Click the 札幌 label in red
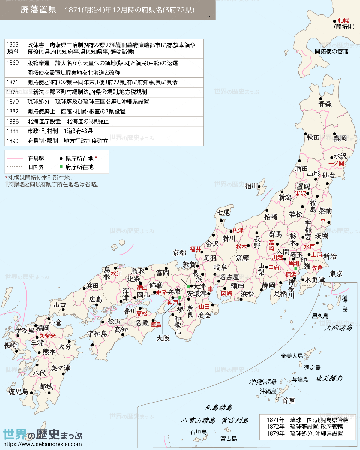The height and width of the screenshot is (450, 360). (343, 20)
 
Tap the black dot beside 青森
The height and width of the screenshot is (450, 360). (321, 99)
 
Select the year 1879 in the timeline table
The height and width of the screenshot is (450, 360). (13, 102)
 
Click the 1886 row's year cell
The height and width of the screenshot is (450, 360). (13, 121)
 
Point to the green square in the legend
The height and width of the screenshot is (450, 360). (61, 166)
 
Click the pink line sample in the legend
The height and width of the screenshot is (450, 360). (15, 159)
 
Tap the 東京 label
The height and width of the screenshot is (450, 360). (336, 274)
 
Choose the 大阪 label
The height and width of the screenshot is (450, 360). (163, 338)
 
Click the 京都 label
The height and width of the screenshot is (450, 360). (179, 253)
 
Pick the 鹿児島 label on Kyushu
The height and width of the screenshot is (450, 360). (18, 392)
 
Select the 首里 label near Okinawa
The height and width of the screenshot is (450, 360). (289, 401)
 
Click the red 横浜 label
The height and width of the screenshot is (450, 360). (291, 274)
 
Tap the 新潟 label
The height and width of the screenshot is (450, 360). (285, 197)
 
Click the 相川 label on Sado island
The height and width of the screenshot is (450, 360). (251, 186)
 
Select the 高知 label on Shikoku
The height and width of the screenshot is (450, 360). (121, 330)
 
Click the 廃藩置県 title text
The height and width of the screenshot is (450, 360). (38, 10)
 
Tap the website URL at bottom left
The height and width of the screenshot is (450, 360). (42, 444)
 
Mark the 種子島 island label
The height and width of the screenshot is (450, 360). (345, 304)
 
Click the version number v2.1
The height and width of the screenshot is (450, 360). (209, 16)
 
